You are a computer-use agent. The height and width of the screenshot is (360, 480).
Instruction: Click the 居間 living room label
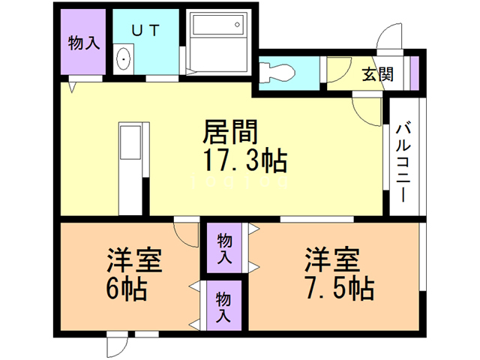pyautogui.click(x=231, y=133)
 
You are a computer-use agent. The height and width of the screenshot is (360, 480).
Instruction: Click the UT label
pyautogui.click(x=146, y=31)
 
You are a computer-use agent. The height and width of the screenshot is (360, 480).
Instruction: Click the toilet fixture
pyautogui.click(x=282, y=70)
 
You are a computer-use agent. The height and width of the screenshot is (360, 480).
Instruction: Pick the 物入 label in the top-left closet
pyautogui.click(x=83, y=43)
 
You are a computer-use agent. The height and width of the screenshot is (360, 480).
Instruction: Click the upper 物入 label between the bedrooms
pyautogui.click(x=224, y=249)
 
